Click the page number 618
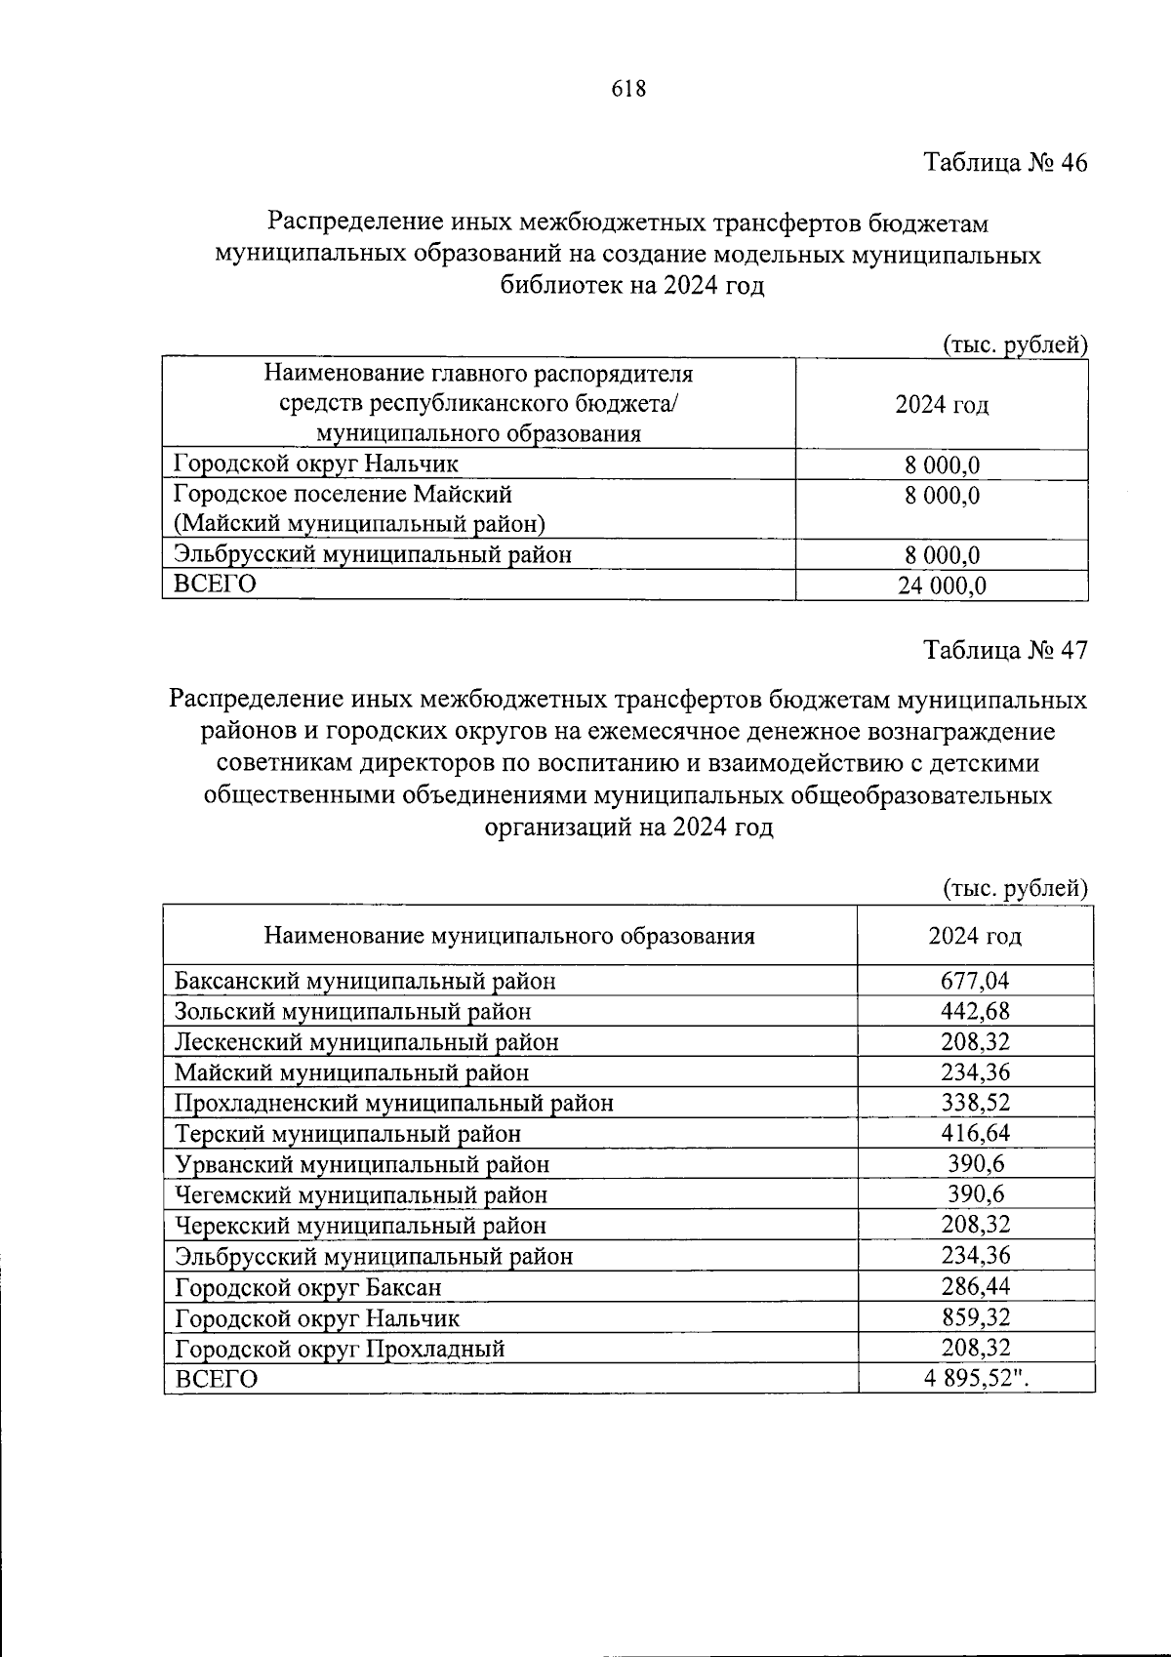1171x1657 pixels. [628, 89]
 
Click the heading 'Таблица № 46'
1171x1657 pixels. [1005, 163]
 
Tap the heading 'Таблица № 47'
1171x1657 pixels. [1005, 650]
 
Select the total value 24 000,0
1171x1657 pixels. [943, 585]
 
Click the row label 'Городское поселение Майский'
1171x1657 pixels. [343, 494]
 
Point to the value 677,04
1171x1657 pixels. [975, 981]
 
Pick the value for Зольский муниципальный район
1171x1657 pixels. [975, 1011]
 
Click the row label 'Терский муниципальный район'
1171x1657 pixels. [347, 1134]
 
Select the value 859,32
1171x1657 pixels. [975, 1317]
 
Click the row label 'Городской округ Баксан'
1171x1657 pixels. [307, 1287]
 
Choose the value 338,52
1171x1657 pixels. [975, 1103]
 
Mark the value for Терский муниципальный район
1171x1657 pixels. [975, 1133]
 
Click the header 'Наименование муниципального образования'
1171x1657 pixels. [509, 936]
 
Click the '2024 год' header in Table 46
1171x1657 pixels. [942, 405]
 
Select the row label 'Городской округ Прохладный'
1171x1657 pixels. [340, 1349]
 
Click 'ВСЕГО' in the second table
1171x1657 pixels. [216, 1379]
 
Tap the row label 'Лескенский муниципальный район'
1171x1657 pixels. [366, 1042]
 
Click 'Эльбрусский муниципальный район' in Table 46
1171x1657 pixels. [373, 554]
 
